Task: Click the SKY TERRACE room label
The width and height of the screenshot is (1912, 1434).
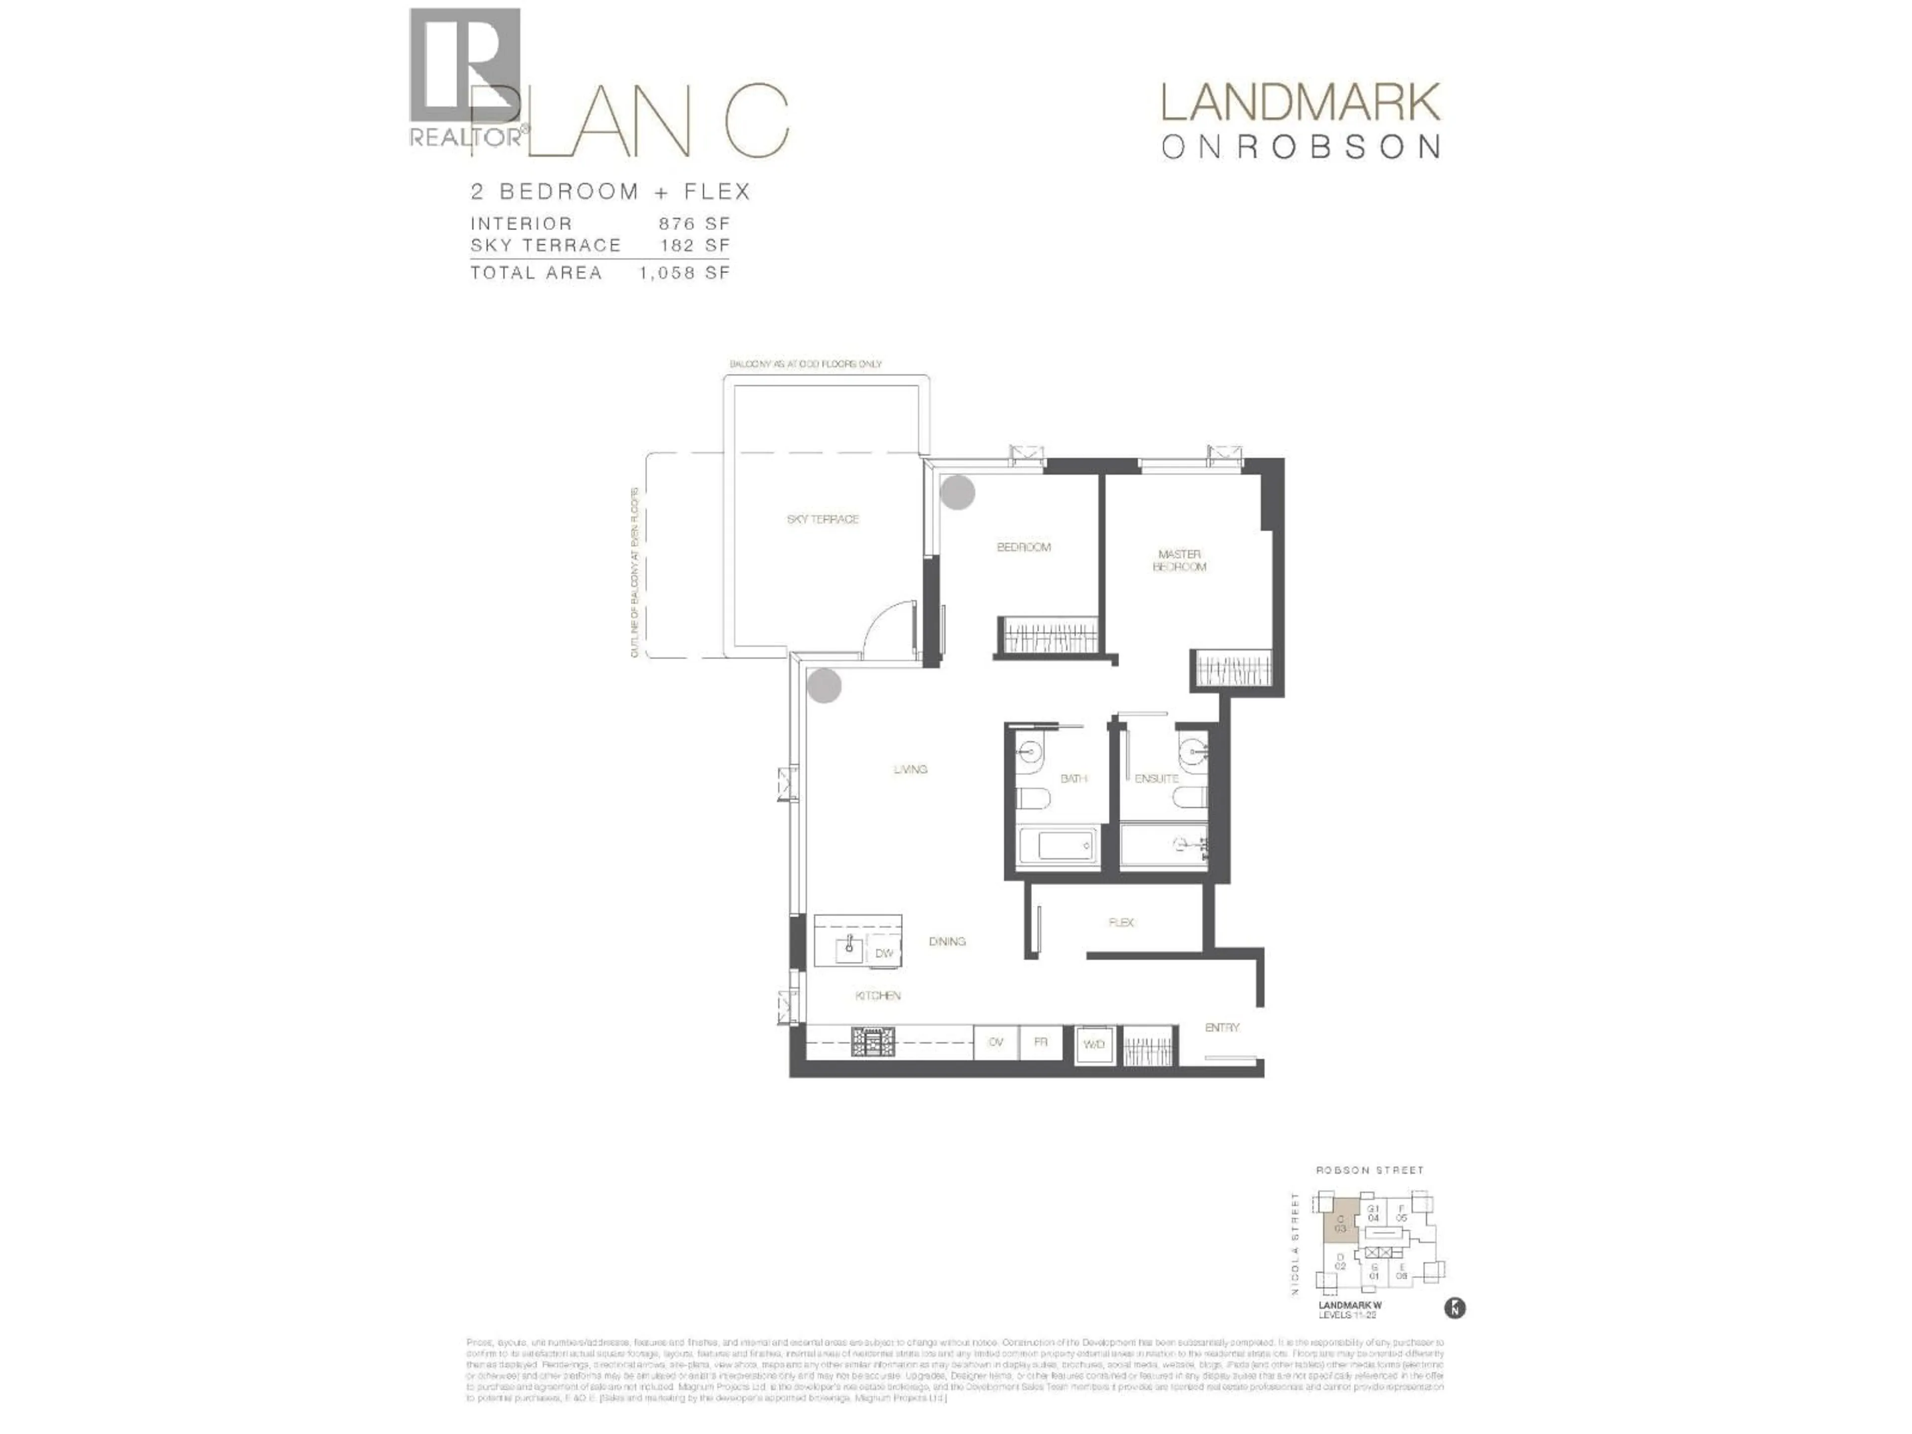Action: (x=822, y=519)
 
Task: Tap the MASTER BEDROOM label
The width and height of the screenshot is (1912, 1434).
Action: (x=1179, y=560)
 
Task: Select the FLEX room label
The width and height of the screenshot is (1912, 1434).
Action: (x=1121, y=922)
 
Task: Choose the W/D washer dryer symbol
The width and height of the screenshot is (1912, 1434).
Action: (x=1093, y=1044)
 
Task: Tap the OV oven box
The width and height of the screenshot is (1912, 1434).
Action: (x=996, y=1043)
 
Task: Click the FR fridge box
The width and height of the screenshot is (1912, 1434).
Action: (x=1041, y=1043)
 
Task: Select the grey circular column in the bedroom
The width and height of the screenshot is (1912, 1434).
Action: (x=957, y=492)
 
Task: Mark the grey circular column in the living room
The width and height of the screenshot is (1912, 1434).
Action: (x=825, y=686)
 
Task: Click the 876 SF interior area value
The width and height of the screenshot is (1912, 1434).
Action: (x=694, y=224)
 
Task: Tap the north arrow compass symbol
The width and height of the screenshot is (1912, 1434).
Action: (x=1455, y=1308)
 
